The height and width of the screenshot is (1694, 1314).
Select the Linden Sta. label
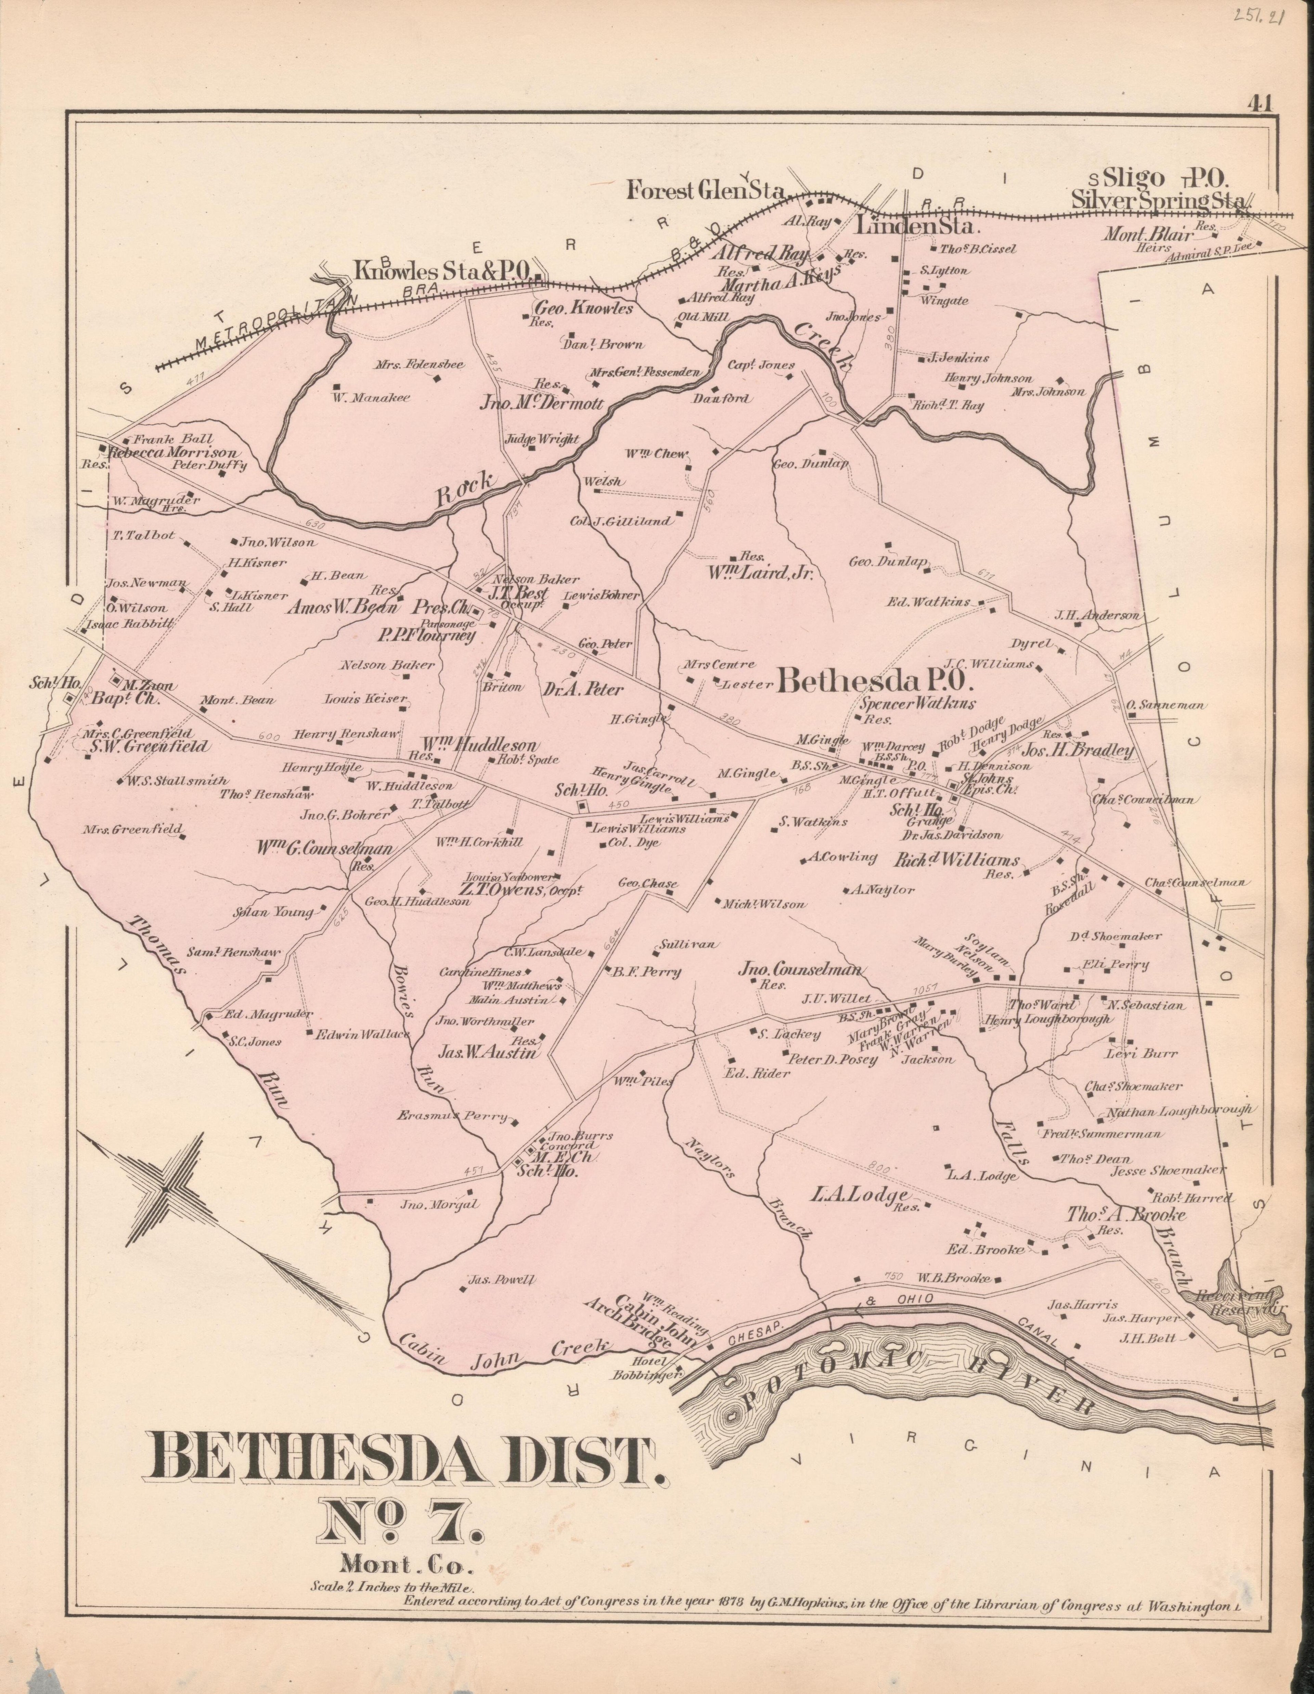pyautogui.click(x=918, y=227)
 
